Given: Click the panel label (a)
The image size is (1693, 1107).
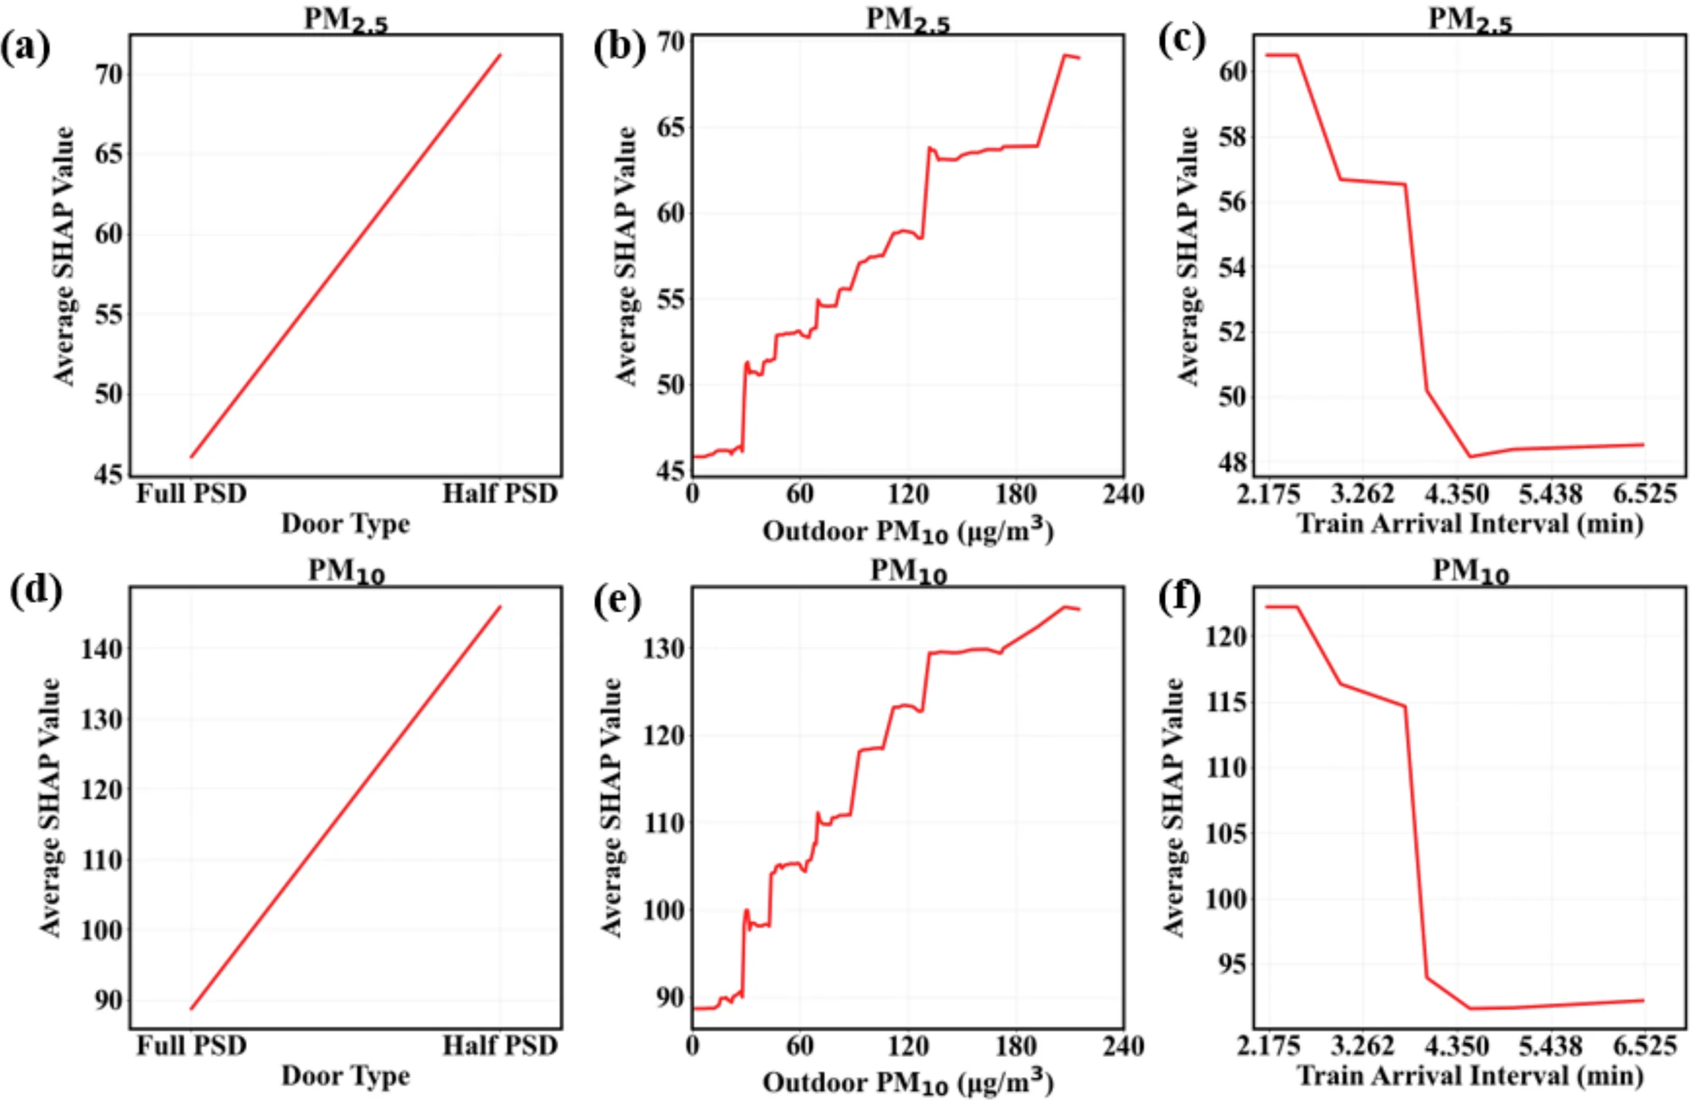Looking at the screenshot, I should [25, 48].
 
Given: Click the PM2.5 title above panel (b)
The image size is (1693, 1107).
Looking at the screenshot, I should [907, 19].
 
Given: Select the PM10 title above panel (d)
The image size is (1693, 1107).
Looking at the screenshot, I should [346, 572].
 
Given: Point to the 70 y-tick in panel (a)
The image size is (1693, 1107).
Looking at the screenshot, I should [108, 75].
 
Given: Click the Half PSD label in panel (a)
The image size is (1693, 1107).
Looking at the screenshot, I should [500, 494].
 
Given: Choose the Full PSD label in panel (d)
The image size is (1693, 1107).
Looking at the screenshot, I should [191, 1045].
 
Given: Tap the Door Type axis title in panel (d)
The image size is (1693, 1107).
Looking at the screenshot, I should [345, 1076].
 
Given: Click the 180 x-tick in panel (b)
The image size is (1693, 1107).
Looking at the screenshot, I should [1015, 494].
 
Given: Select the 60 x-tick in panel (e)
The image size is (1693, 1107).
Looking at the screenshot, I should [799, 1045].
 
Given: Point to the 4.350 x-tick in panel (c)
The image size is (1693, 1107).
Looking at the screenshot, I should [1456, 494].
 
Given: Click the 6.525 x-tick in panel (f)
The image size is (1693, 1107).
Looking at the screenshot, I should [1644, 1045].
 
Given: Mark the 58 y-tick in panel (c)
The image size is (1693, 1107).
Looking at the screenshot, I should [1233, 136].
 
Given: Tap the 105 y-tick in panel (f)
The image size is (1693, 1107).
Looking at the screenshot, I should [1226, 833].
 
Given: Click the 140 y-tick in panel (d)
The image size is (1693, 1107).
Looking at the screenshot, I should [102, 649].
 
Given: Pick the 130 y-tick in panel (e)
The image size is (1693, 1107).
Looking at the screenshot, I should [664, 649].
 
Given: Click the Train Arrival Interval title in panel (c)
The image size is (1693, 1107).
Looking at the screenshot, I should [1470, 523].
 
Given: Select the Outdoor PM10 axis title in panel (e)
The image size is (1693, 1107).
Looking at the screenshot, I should [907, 1083].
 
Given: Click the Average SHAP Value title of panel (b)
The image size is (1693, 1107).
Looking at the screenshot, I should [626, 256].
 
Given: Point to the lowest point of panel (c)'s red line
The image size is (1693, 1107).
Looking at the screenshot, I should [1471, 457].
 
